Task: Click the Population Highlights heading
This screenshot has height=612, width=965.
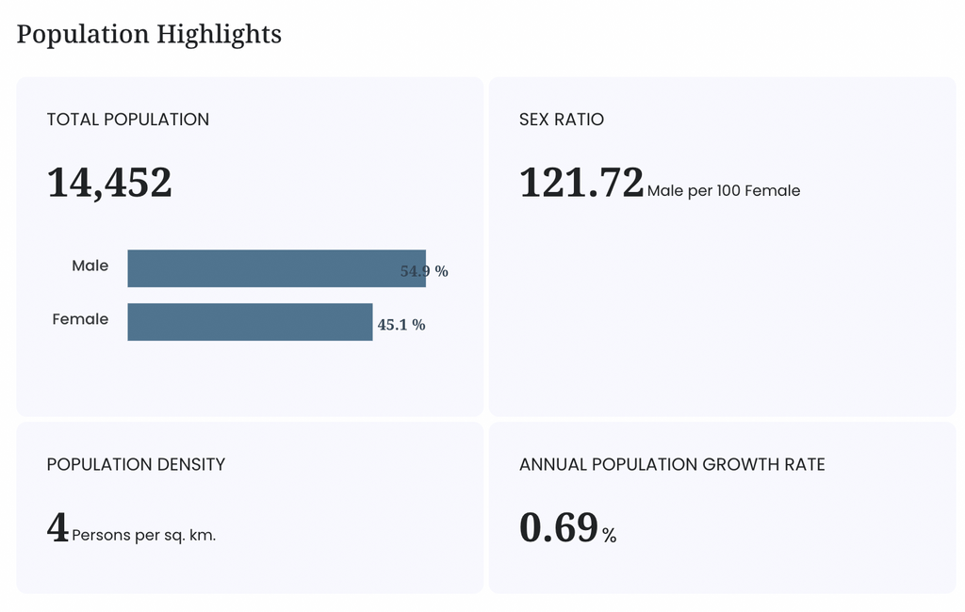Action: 149,35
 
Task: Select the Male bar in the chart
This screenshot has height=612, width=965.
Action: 276,268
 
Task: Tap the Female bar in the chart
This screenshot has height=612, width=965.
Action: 250,322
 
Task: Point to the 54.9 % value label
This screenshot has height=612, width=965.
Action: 424,271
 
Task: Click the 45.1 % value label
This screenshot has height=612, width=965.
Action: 401,325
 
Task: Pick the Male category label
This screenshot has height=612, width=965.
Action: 90,266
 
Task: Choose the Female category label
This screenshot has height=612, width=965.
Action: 80,319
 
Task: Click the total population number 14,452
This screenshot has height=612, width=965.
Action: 109,183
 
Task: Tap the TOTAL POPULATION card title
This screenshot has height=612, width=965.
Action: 128,120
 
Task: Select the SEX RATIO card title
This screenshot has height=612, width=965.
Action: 562,120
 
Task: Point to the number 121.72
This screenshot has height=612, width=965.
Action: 581,183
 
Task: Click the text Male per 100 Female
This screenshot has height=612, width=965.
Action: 724,191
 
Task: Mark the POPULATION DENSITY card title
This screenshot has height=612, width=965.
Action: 136,464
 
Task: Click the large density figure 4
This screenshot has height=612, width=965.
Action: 57,527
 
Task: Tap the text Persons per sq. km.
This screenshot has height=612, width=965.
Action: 144,535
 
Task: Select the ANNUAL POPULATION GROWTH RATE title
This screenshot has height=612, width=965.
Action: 672,464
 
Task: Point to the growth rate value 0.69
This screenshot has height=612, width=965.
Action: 559,528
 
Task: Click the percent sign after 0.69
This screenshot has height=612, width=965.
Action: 610,536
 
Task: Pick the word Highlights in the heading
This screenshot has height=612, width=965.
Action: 219,35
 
